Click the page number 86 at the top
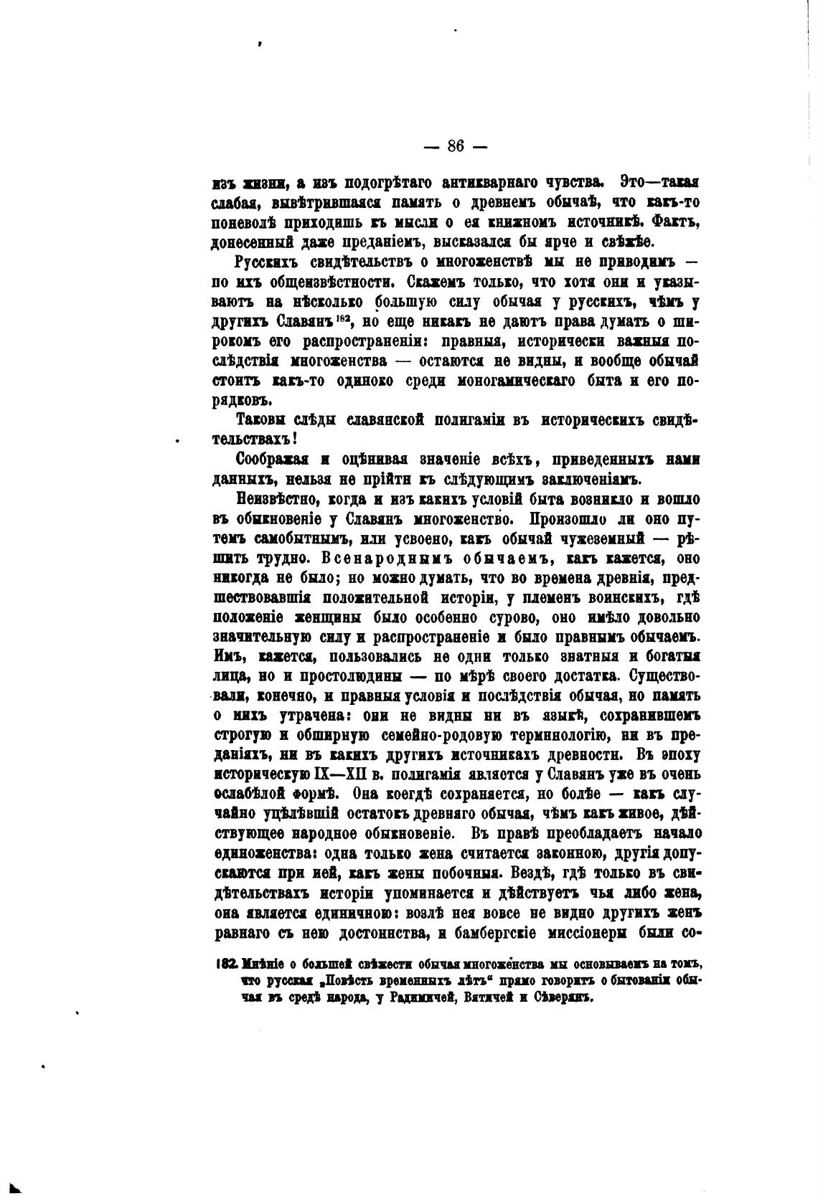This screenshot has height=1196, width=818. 456,146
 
